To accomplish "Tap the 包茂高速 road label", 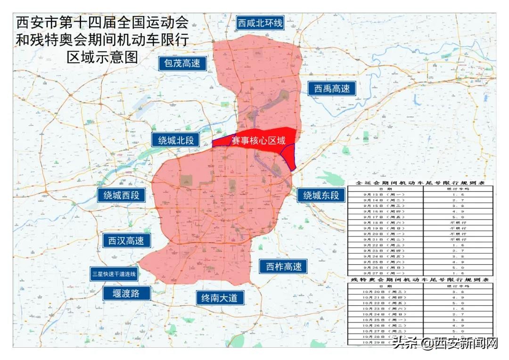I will (182, 63).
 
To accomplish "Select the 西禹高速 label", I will (333, 88).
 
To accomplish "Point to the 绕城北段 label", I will (176, 139).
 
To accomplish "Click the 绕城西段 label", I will (122, 195).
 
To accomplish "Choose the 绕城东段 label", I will (321, 195).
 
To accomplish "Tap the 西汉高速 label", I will (126, 240).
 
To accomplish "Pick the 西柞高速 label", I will (283, 266).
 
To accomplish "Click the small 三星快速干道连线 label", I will (114, 274).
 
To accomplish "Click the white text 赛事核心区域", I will (258, 140).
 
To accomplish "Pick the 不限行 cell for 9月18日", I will (457, 222).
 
